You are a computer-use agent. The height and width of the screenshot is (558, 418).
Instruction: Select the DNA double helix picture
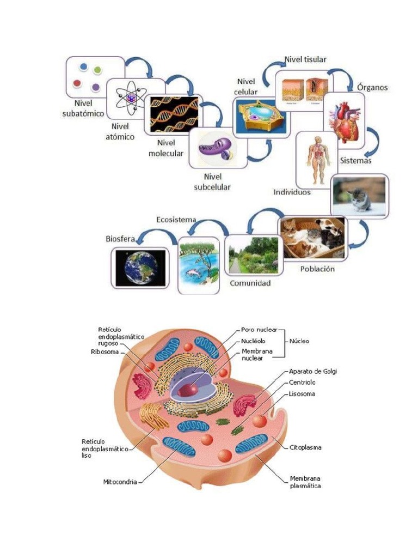coord(174,115)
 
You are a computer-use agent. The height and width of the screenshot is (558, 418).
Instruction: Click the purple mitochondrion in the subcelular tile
coord(217,147)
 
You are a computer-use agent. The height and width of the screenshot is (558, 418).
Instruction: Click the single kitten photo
coord(359,196)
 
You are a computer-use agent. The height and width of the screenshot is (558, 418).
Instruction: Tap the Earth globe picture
coord(140,267)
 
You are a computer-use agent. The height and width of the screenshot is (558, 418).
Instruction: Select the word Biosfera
coord(120,239)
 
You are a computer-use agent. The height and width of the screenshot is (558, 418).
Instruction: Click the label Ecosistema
coord(176,220)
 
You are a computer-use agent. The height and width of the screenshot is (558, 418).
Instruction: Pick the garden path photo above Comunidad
coord(251,254)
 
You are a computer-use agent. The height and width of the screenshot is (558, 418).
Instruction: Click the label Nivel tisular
coord(305,59)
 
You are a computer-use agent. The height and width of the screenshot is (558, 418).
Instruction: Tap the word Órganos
coord(373,87)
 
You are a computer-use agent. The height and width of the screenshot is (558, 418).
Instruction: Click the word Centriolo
coord(303,383)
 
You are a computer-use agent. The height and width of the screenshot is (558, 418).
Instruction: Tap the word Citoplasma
coord(305,447)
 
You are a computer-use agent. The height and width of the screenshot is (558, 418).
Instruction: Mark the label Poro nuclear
coord(259,330)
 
